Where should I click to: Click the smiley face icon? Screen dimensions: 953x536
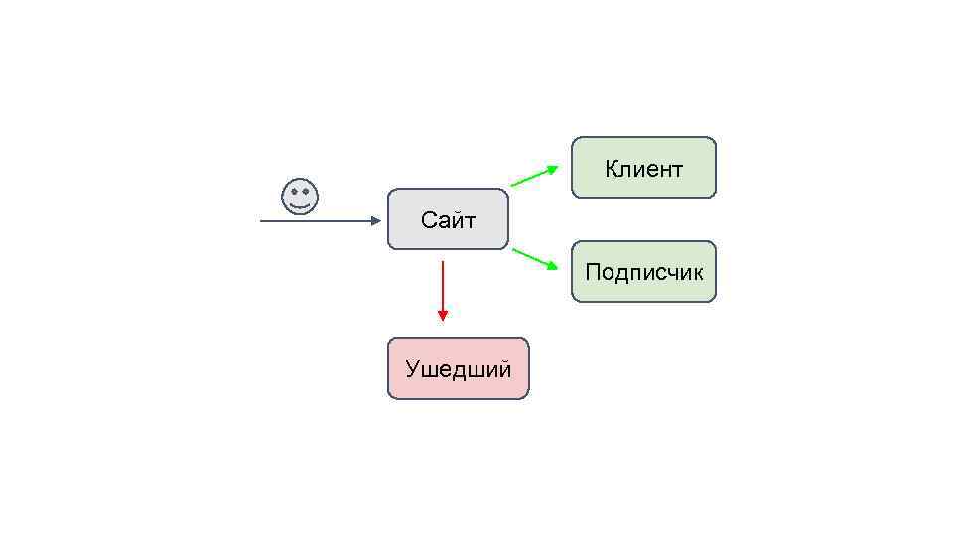pos(300,197)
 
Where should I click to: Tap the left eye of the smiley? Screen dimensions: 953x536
pos(293,192)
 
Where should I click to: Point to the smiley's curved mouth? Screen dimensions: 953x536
pos(300,205)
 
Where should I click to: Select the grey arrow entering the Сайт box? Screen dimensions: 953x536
pos(318,221)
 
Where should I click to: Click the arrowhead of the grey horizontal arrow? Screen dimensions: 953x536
pos(375,221)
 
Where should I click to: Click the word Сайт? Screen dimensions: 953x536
pos(448,220)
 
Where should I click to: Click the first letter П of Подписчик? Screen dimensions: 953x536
pos(593,272)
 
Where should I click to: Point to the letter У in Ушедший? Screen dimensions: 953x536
pos(412,370)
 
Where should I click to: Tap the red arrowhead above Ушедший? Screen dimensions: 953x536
pos(442,315)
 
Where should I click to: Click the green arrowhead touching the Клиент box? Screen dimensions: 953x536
pos(553,168)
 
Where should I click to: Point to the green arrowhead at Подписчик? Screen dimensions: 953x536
pos(553,266)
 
